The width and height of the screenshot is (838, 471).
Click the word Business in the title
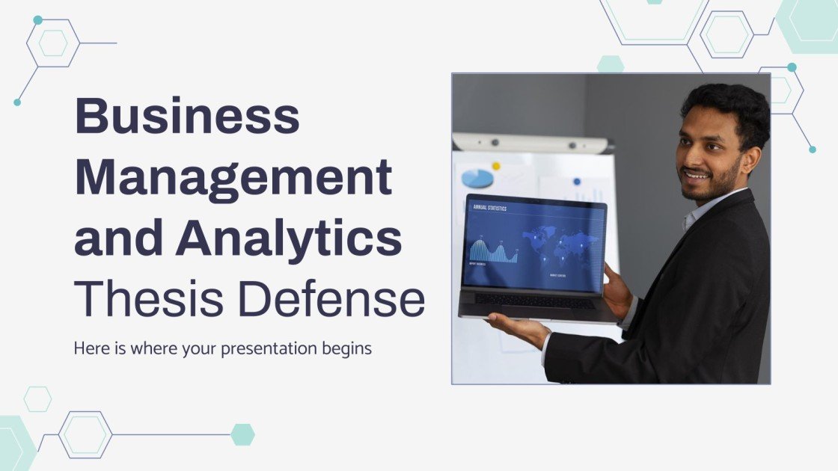pos(187,117)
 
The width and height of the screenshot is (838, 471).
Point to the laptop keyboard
pos(534,301)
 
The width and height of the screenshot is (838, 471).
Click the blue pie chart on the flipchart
pos(477,178)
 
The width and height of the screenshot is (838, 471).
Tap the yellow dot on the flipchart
pos(495,165)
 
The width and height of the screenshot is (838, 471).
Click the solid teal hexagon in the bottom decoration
pos(242,434)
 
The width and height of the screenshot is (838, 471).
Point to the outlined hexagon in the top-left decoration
pos(53,43)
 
